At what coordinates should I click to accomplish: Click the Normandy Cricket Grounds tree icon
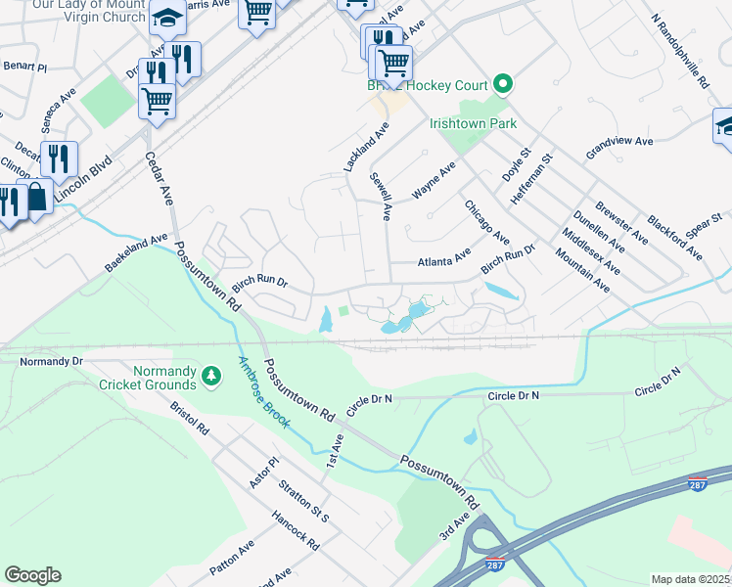coord(210,376)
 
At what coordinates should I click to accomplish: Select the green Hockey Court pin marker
coord(503,85)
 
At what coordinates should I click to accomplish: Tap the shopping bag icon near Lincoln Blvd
coord(37,196)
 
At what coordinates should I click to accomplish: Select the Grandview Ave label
coord(619,148)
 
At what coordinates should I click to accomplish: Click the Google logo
coord(32,574)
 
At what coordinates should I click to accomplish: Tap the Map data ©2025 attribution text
coord(691,579)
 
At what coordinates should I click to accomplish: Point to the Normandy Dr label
coord(52,361)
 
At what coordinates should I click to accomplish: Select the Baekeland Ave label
coord(137,253)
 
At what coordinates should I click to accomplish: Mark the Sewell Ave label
coord(381,196)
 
